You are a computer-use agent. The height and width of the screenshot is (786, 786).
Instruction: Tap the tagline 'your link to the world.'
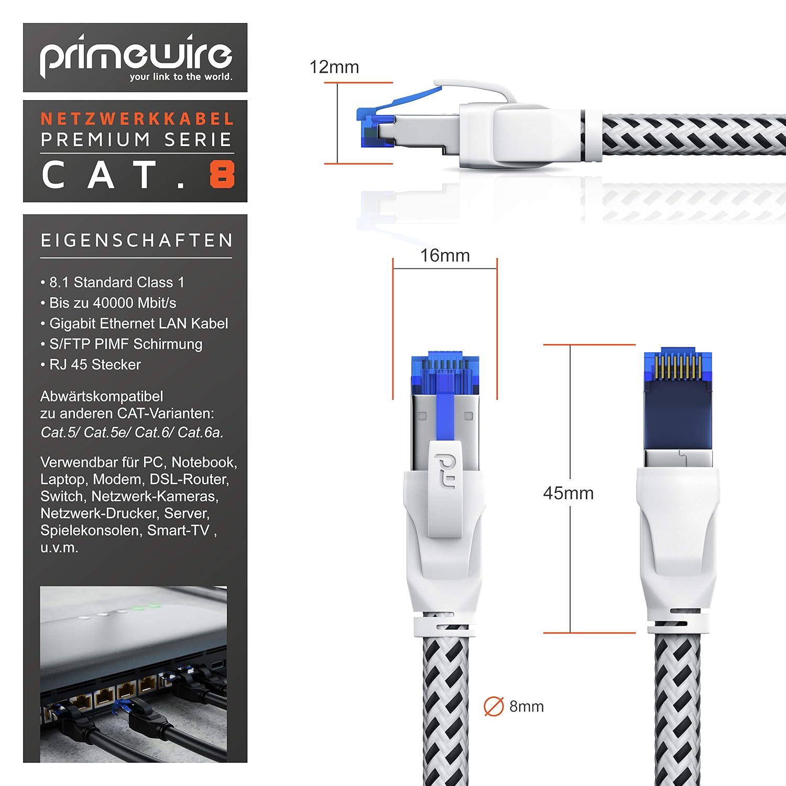tap(181, 77)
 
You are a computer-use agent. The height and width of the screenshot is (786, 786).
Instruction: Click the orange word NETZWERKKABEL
tap(137, 119)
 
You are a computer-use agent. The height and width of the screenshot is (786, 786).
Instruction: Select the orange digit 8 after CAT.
tap(222, 174)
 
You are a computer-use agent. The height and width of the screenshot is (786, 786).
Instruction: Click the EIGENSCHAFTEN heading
tap(137, 241)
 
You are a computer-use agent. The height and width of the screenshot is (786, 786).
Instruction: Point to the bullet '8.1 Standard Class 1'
tap(112, 282)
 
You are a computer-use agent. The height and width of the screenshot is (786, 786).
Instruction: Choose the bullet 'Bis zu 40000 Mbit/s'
tap(108, 303)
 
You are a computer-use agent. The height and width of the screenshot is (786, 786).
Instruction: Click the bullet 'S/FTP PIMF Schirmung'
tap(121, 344)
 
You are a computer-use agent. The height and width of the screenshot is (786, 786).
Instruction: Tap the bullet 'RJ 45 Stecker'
tap(91, 365)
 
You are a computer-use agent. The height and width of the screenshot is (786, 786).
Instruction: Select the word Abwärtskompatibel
tap(102, 396)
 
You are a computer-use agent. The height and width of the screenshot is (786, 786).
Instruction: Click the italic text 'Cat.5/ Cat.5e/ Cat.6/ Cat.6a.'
tap(132, 432)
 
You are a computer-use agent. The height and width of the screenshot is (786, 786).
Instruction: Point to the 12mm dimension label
tap(334, 67)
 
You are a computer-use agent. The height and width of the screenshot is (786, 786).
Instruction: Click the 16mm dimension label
tap(445, 256)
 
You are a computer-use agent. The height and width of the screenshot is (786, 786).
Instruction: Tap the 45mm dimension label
tap(569, 493)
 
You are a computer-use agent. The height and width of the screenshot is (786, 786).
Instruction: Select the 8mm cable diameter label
tap(527, 706)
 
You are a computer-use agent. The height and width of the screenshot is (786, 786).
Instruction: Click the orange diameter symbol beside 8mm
tap(494, 706)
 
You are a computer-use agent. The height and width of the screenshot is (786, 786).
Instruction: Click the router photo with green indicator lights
tap(134, 674)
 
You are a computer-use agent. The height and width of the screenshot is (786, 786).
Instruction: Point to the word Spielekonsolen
tap(91, 531)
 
